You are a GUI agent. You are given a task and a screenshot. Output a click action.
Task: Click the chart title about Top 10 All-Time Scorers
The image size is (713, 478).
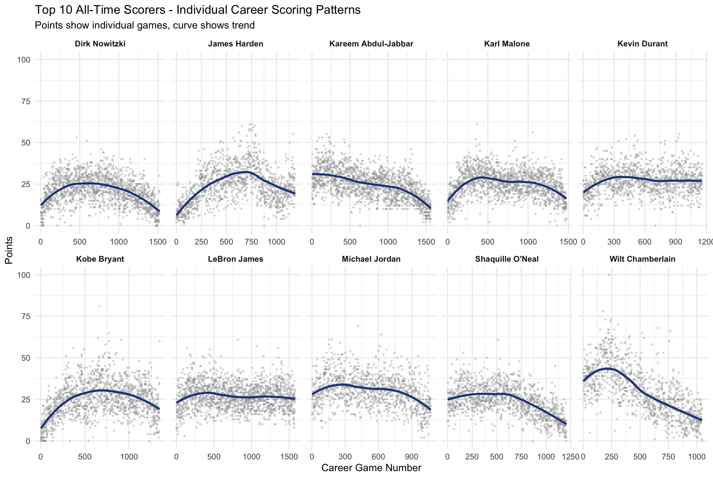click(198, 10)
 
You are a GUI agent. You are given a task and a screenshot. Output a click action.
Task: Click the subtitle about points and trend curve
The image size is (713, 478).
click(145, 25)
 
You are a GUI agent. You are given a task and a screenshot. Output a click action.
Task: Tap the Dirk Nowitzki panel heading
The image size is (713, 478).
click(100, 44)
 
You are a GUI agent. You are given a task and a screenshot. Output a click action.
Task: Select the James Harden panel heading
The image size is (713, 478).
click(236, 44)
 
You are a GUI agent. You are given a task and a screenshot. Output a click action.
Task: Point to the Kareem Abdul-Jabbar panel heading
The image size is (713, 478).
click(371, 44)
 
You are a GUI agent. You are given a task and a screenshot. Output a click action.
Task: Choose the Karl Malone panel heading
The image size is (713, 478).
click(507, 44)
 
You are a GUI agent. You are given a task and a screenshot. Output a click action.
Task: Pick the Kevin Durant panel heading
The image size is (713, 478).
click(643, 44)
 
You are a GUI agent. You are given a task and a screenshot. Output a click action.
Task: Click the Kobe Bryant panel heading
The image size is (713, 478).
click(100, 259)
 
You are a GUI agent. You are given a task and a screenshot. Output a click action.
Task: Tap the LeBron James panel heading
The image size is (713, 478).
click(236, 259)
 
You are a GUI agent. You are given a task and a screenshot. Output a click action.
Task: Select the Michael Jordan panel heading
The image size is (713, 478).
click(371, 259)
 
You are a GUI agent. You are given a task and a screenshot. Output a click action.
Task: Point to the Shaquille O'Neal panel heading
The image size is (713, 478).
click(507, 259)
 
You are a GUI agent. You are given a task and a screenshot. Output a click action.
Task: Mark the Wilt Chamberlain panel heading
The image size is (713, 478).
click(643, 259)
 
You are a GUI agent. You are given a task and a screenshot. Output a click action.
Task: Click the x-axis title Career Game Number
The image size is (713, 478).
click(371, 468)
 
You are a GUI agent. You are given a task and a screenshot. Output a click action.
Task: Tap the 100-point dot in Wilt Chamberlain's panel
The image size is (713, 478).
click(609, 275)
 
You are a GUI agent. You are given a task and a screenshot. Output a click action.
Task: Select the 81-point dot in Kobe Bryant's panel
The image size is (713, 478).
click(100, 306)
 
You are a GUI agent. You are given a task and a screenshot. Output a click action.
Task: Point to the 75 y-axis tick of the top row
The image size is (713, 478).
click(26, 101)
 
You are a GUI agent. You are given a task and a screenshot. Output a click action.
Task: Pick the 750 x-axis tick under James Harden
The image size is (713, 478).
click(251, 242)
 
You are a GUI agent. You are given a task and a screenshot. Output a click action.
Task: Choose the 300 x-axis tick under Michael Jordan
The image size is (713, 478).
click(345, 457)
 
